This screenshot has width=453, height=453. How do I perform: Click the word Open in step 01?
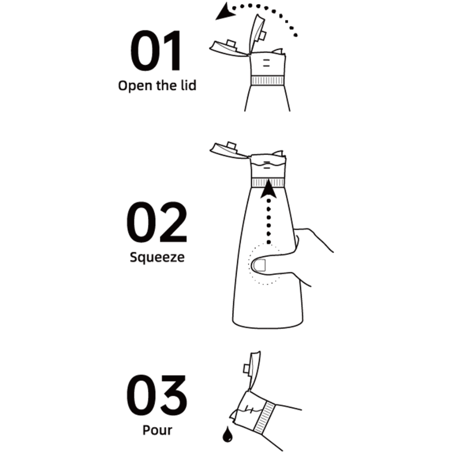(135, 86)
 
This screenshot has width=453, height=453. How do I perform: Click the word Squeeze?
(157, 257)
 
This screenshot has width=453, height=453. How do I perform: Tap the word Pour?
(157, 430)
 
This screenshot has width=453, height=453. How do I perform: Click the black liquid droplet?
(228, 434)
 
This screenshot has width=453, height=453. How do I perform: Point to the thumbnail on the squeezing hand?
(259, 265)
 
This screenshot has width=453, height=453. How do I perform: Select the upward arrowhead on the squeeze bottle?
(268, 188)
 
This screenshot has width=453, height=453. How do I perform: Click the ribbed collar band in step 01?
(267, 80)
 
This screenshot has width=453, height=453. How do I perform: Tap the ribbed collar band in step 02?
(268, 182)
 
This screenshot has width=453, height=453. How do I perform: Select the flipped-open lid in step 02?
(228, 150)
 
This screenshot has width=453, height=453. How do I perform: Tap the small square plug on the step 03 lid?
(247, 369)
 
